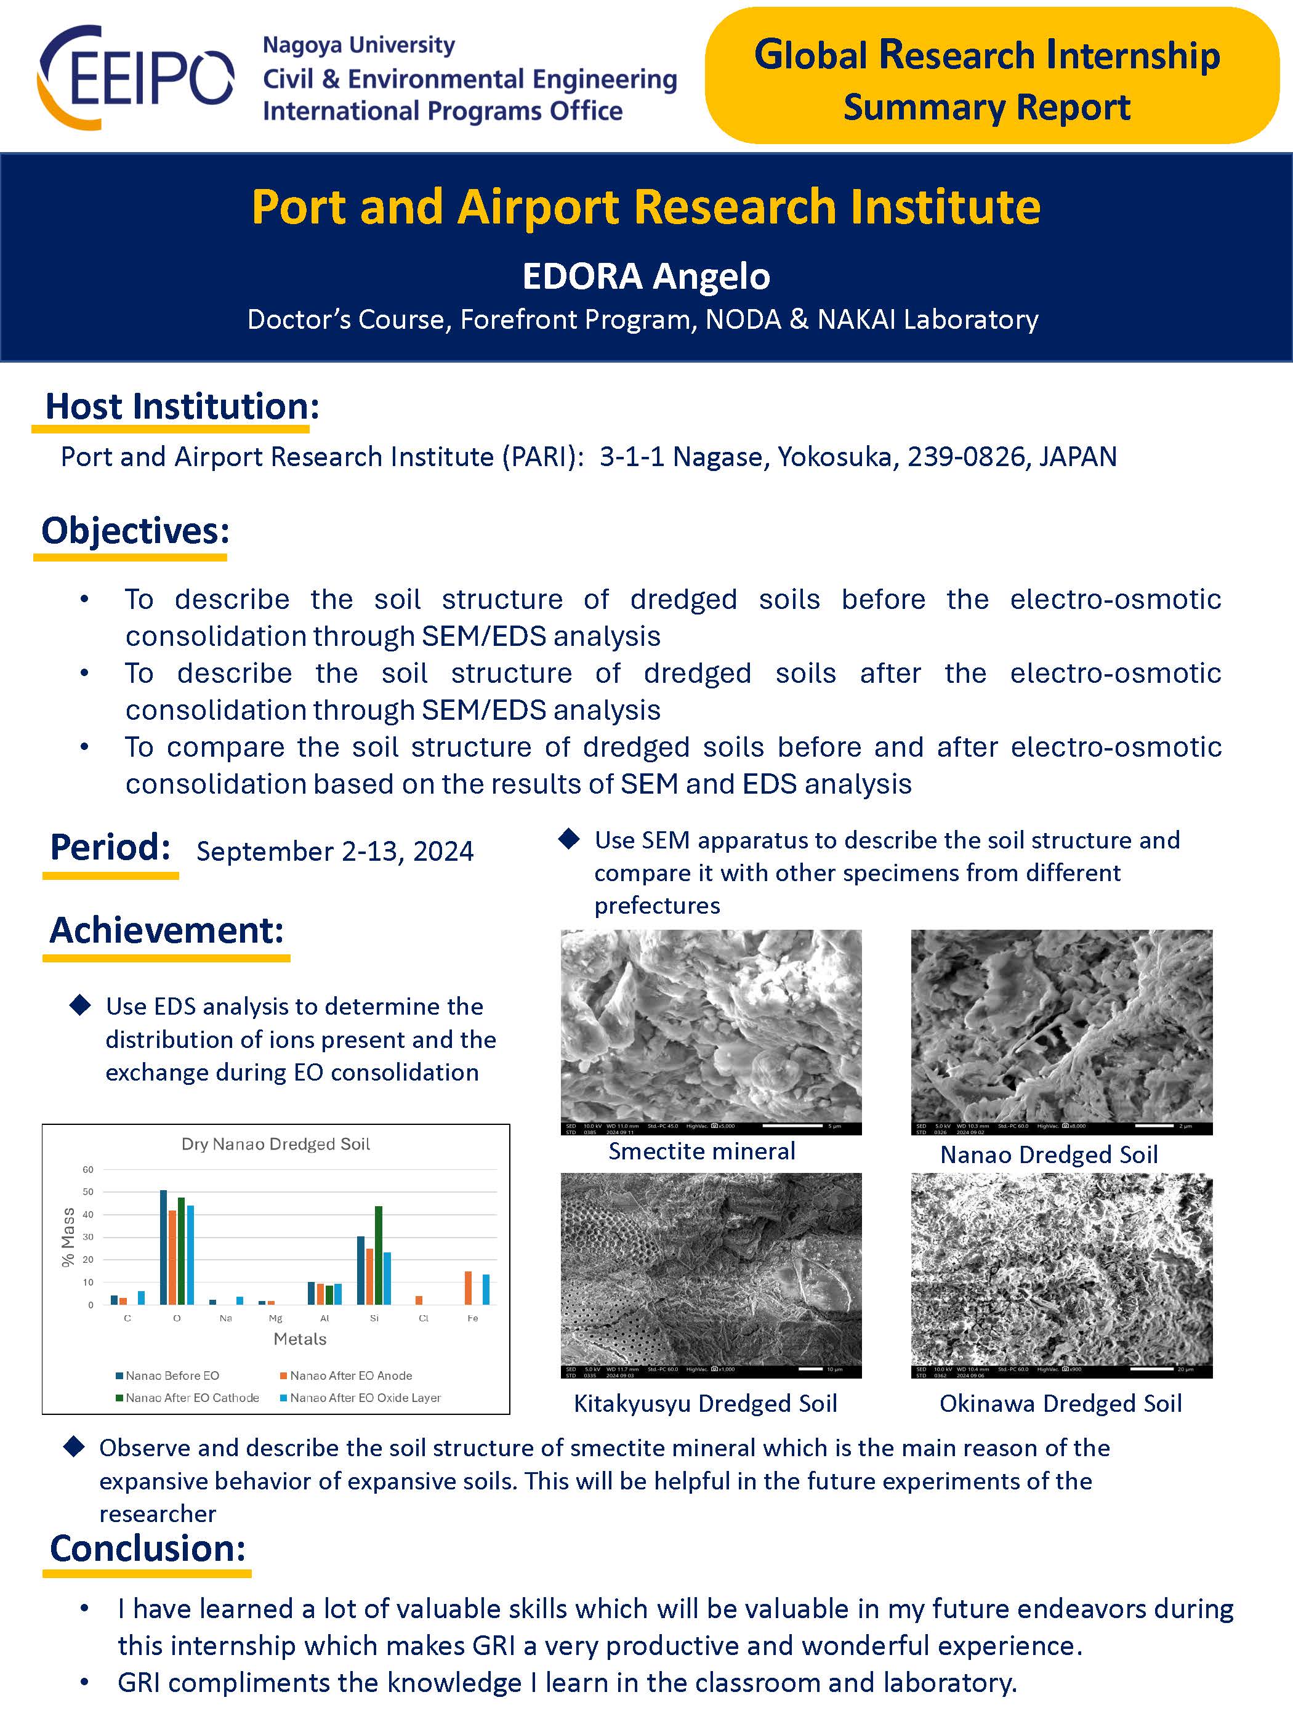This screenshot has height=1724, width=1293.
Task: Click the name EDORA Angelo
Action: [646, 276]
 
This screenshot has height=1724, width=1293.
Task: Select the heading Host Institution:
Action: [182, 406]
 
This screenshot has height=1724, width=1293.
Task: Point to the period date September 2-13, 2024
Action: [335, 850]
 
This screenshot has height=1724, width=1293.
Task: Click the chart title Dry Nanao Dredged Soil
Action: [276, 1143]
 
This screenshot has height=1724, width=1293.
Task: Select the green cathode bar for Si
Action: [379, 1255]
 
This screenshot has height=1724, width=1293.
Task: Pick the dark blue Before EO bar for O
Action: [164, 1247]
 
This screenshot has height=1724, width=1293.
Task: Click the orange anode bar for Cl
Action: [419, 1300]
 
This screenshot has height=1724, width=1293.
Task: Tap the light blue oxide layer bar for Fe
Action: [486, 1289]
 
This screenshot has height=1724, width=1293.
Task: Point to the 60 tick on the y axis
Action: [88, 1169]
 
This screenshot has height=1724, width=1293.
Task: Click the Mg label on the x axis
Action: [275, 1318]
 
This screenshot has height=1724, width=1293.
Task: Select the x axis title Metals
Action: [300, 1339]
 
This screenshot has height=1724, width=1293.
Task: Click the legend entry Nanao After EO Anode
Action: [350, 1376]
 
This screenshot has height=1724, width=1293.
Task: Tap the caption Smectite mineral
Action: [701, 1151]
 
